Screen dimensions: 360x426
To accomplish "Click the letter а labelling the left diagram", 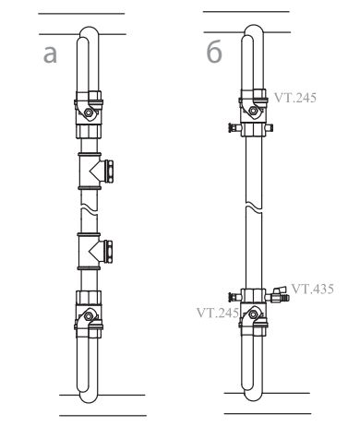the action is tap(50, 54).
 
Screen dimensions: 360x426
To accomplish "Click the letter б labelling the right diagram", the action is tap(214, 52).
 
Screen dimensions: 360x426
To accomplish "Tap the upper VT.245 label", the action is tap(295, 98).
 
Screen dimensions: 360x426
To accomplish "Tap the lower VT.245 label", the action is tap(218, 313).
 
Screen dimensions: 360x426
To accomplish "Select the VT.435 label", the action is tap(312, 289).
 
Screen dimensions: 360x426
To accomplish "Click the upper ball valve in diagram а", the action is tap(89, 114).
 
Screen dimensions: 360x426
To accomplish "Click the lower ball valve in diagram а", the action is tap(89, 314).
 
